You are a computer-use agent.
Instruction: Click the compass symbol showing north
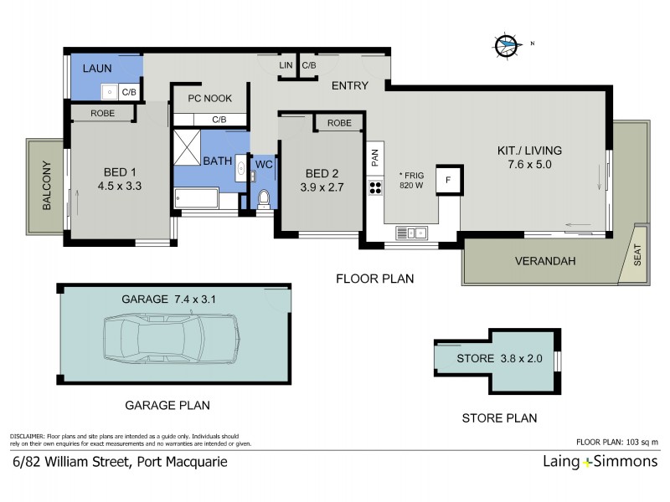click(507, 45)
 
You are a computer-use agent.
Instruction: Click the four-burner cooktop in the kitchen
click(374, 187)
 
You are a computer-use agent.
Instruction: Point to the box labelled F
click(449, 179)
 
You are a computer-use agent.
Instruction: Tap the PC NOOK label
click(209, 99)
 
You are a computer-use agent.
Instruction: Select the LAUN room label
click(97, 67)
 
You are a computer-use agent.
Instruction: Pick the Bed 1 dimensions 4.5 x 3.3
click(121, 187)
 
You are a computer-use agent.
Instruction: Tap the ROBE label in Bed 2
click(339, 123)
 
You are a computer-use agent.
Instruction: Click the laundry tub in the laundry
click(110, 91)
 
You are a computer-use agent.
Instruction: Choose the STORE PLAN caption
click(499, 417)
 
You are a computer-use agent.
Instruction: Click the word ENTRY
click(350, 86)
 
